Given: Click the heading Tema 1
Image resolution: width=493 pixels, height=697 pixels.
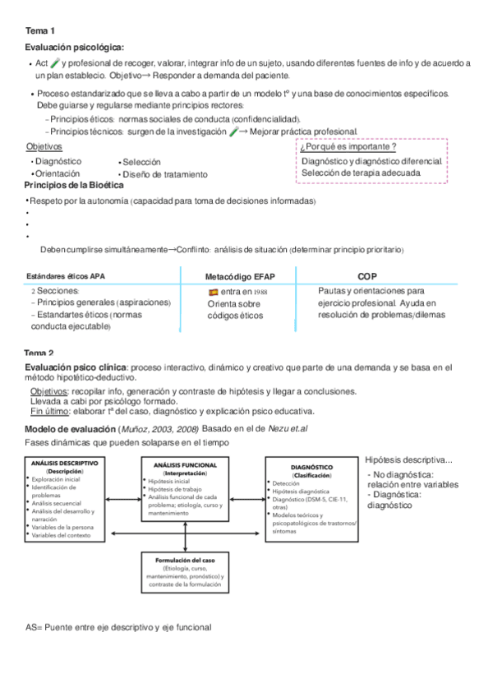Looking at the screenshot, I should (x=39, y=30).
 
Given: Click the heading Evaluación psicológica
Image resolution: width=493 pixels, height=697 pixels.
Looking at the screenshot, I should (x=74, y=48).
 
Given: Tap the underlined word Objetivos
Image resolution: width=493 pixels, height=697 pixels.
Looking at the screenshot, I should (x=44, y=146).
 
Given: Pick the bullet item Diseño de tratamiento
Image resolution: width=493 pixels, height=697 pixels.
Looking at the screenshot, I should (x=165, y=174).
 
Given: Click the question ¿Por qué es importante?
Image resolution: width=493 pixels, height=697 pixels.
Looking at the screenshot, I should (x=348, y=147).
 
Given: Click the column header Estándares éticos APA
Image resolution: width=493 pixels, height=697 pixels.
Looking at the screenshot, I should (x=67, y=276).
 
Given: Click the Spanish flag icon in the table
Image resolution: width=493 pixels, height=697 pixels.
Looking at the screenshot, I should (x=214, y=292).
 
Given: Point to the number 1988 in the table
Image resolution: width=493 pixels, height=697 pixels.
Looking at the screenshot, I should (x=260, y=292).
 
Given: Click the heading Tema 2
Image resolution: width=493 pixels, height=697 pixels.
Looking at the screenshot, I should (x=39, y=353).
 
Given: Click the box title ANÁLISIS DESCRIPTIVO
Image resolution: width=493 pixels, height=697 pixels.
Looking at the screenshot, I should (x=65, y=463).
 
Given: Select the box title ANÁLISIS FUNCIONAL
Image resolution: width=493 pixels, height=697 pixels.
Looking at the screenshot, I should (x=184, y=464).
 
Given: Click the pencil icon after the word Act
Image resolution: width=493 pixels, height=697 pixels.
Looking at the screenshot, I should (x=55, y=62).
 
